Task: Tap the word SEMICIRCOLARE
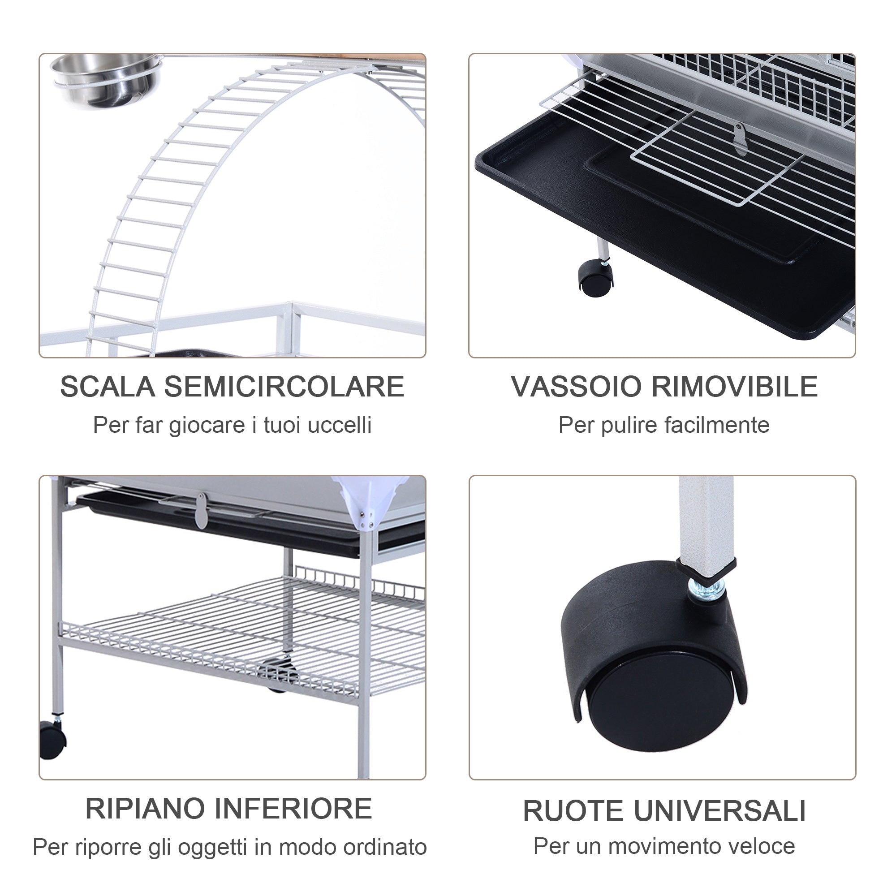284,387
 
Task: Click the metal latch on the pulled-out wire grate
740,138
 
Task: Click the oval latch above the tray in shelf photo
201,511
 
